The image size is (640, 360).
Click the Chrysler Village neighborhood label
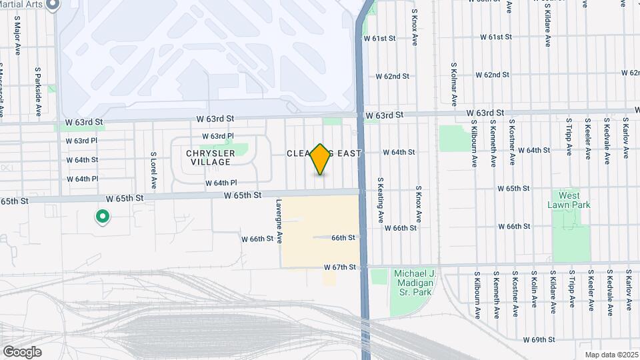point(211,157)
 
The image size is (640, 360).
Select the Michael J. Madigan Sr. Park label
point(413,283)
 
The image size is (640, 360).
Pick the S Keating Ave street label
point(380,199)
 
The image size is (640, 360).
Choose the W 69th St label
point(539,340)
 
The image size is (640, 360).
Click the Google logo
point(22,352)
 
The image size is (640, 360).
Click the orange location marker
point(321,159)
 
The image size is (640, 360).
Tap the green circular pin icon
point(103,216)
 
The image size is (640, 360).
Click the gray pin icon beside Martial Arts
point(54,5)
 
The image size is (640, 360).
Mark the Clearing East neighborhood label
point(324,153)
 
